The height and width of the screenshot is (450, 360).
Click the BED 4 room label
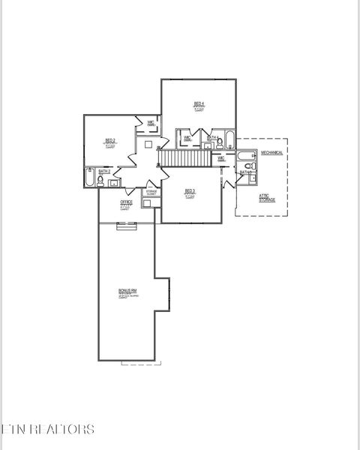199,104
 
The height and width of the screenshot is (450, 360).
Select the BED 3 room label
190,192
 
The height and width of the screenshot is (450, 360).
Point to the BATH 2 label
104,172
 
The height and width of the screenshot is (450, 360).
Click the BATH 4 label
211,138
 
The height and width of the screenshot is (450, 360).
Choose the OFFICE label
126,202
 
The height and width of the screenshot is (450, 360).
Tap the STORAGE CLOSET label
151,193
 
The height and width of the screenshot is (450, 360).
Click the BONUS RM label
127,291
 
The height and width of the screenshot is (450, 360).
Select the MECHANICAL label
271,152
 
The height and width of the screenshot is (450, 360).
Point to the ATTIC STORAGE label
267,198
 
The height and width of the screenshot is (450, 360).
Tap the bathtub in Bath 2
91,179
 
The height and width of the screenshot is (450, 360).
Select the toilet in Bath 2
100,181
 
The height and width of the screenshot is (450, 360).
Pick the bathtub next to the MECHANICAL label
247,156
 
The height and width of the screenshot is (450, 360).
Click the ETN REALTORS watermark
48,429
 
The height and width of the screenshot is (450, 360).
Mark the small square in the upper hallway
148,144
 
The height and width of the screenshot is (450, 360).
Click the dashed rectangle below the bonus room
140,364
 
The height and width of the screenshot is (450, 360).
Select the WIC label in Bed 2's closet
150,122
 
